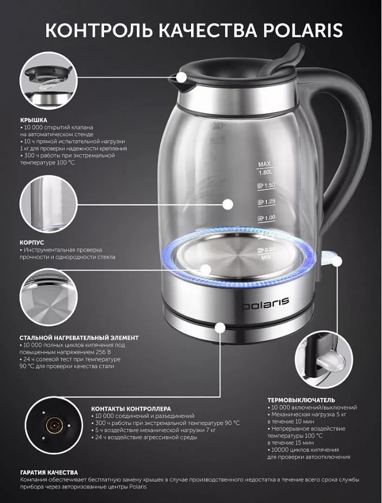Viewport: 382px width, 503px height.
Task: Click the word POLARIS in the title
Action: tap(303, 30)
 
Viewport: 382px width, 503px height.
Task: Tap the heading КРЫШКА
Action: tap(34, 120)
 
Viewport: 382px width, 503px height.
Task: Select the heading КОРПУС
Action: tap(32, 243)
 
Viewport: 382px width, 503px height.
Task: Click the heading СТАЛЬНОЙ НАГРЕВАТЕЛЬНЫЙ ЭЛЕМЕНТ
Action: tap(79, 338)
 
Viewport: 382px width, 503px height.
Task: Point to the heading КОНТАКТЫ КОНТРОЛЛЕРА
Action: tap(131, 409)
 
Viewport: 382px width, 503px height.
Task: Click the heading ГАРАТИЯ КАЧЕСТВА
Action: tap(49, 473)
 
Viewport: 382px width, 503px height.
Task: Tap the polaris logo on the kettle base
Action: tap(265, 303)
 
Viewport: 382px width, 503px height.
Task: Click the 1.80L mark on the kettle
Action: tap(265, 172)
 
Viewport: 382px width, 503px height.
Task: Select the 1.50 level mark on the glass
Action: tap(266, 186)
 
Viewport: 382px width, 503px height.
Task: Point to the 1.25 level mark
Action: tap(267, 202)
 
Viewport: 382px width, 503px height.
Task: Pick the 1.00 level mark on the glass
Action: tap(267, 218)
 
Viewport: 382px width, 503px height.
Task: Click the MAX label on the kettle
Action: tap(264, 164)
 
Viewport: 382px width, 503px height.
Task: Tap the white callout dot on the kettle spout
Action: tap(182, 77)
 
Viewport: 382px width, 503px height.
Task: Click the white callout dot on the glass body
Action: tap(228, 205)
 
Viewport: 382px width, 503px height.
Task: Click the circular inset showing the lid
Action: tap(49, 80)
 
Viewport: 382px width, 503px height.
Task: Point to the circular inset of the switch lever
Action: tap(324, 360)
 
